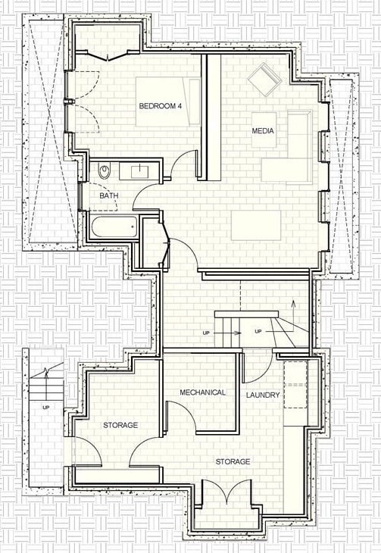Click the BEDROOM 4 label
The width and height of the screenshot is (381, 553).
tap(161, 106)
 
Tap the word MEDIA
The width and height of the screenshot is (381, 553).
tap(263, 132)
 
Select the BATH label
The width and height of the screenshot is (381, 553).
tap(109, 195)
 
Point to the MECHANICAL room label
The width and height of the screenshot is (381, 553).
tap(202, 392)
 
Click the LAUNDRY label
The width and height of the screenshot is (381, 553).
tap(263, 395)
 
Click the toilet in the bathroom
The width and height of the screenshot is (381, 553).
tap(105, 170)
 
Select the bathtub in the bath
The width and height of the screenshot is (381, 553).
tap(113, 226)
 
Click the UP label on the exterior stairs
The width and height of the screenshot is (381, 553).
tap(45, 408)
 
